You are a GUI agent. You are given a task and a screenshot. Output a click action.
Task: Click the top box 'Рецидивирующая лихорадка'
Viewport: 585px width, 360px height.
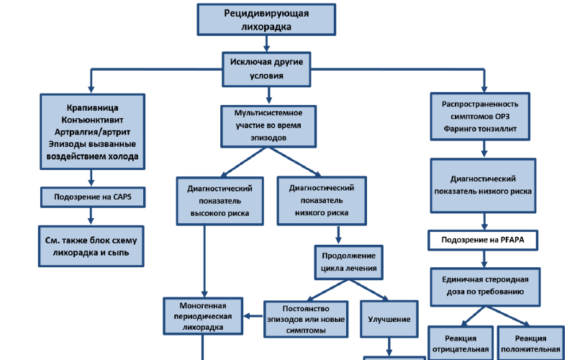tap(267, 19)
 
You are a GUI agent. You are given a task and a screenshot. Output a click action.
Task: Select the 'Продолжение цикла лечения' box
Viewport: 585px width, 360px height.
tap(348, 264)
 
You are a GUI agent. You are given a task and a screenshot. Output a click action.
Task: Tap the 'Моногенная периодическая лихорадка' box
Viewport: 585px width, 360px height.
tap(201, 315)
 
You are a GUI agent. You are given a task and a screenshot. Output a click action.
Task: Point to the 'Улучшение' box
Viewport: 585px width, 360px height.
tap(389, 319)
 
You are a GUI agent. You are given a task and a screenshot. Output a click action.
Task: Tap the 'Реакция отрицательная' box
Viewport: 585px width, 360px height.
tap(458, 344)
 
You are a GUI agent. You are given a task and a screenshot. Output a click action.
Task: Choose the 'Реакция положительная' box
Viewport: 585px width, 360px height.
tap(530, 344)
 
